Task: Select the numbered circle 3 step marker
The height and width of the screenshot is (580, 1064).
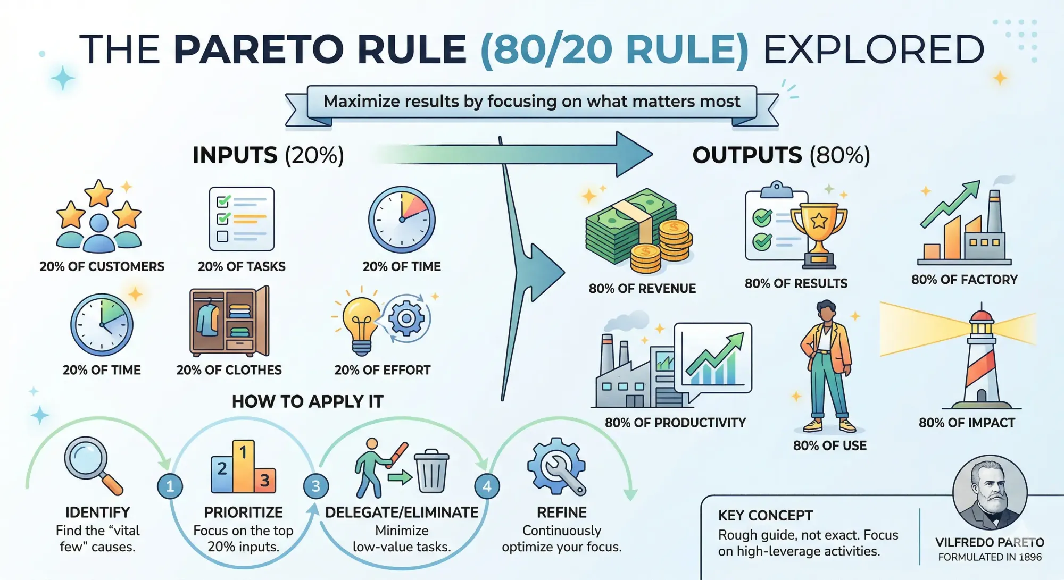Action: tap(315, 486)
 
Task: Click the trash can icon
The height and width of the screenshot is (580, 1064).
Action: tap(431, 471)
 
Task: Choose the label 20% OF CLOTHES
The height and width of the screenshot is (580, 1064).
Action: tap(229, 370)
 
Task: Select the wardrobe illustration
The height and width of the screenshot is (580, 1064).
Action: tap(229, 322)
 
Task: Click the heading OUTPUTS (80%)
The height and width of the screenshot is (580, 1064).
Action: tap(781, 155)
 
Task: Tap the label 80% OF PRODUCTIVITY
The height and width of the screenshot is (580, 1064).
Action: tap(675, 423)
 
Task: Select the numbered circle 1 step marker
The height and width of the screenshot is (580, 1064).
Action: tap(170, 486)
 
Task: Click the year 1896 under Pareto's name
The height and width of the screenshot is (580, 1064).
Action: tap(1030, 557)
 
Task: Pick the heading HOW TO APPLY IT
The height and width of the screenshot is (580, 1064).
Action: tap(307, 401)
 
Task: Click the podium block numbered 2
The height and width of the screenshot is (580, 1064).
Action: tap(222, 474)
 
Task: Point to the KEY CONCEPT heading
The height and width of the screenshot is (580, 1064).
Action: tap(766, 516)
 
